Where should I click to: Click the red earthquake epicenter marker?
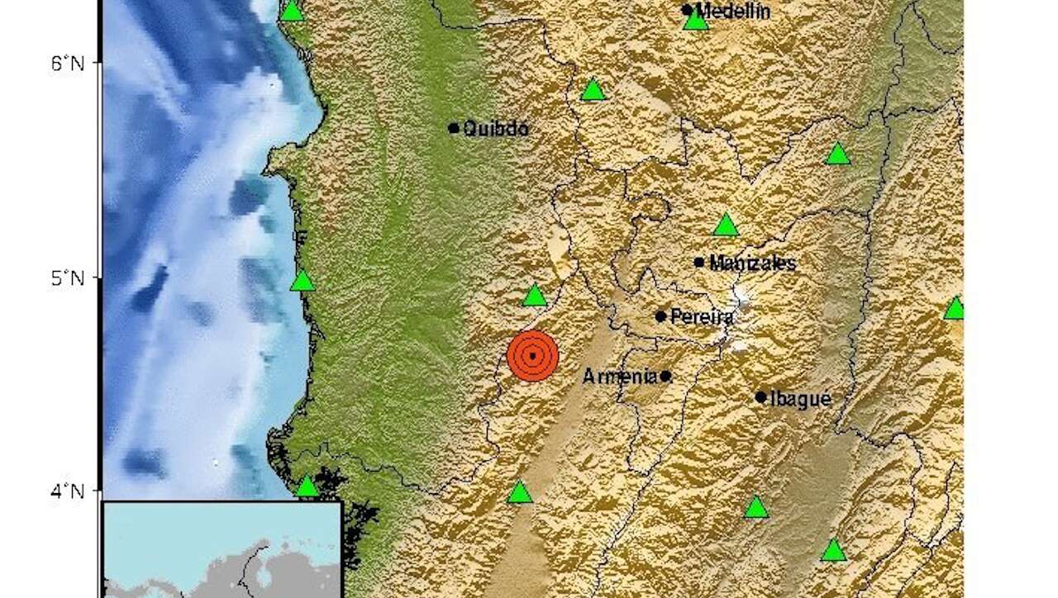coord(533,356)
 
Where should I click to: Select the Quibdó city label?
coord(496,129)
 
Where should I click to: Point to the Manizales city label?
coord(753,263)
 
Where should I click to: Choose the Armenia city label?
coord(620,377)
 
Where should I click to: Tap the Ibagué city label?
coord(800,398)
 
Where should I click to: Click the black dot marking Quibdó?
coord(454,128)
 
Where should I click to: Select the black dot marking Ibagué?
coord(760,397)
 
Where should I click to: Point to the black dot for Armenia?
coord(665,377)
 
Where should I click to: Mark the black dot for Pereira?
coord(660,316)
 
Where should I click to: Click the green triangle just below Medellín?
coord(696,21)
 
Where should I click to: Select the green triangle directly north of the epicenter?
coord(535,296)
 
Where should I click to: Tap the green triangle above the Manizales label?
coord(725,225)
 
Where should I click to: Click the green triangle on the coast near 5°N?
coord(303,282)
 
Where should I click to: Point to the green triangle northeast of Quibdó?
coord(593,90)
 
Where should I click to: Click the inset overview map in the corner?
coord(222,549)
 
